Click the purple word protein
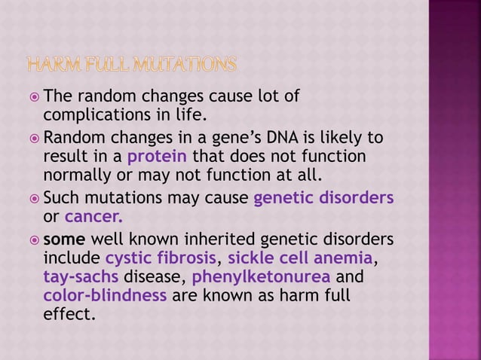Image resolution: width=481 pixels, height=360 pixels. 158,157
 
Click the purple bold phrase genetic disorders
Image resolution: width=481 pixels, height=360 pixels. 324,199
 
